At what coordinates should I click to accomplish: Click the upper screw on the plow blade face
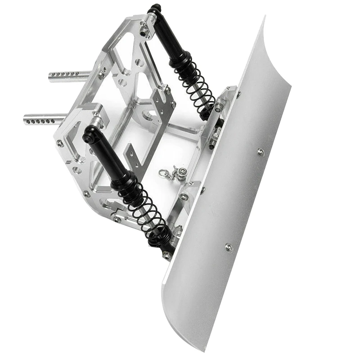click(261, 152)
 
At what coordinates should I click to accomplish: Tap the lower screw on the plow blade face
click(228, 247)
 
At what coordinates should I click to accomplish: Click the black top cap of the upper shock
click(155, 9)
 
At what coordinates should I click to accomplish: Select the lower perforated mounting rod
click(45, 119)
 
